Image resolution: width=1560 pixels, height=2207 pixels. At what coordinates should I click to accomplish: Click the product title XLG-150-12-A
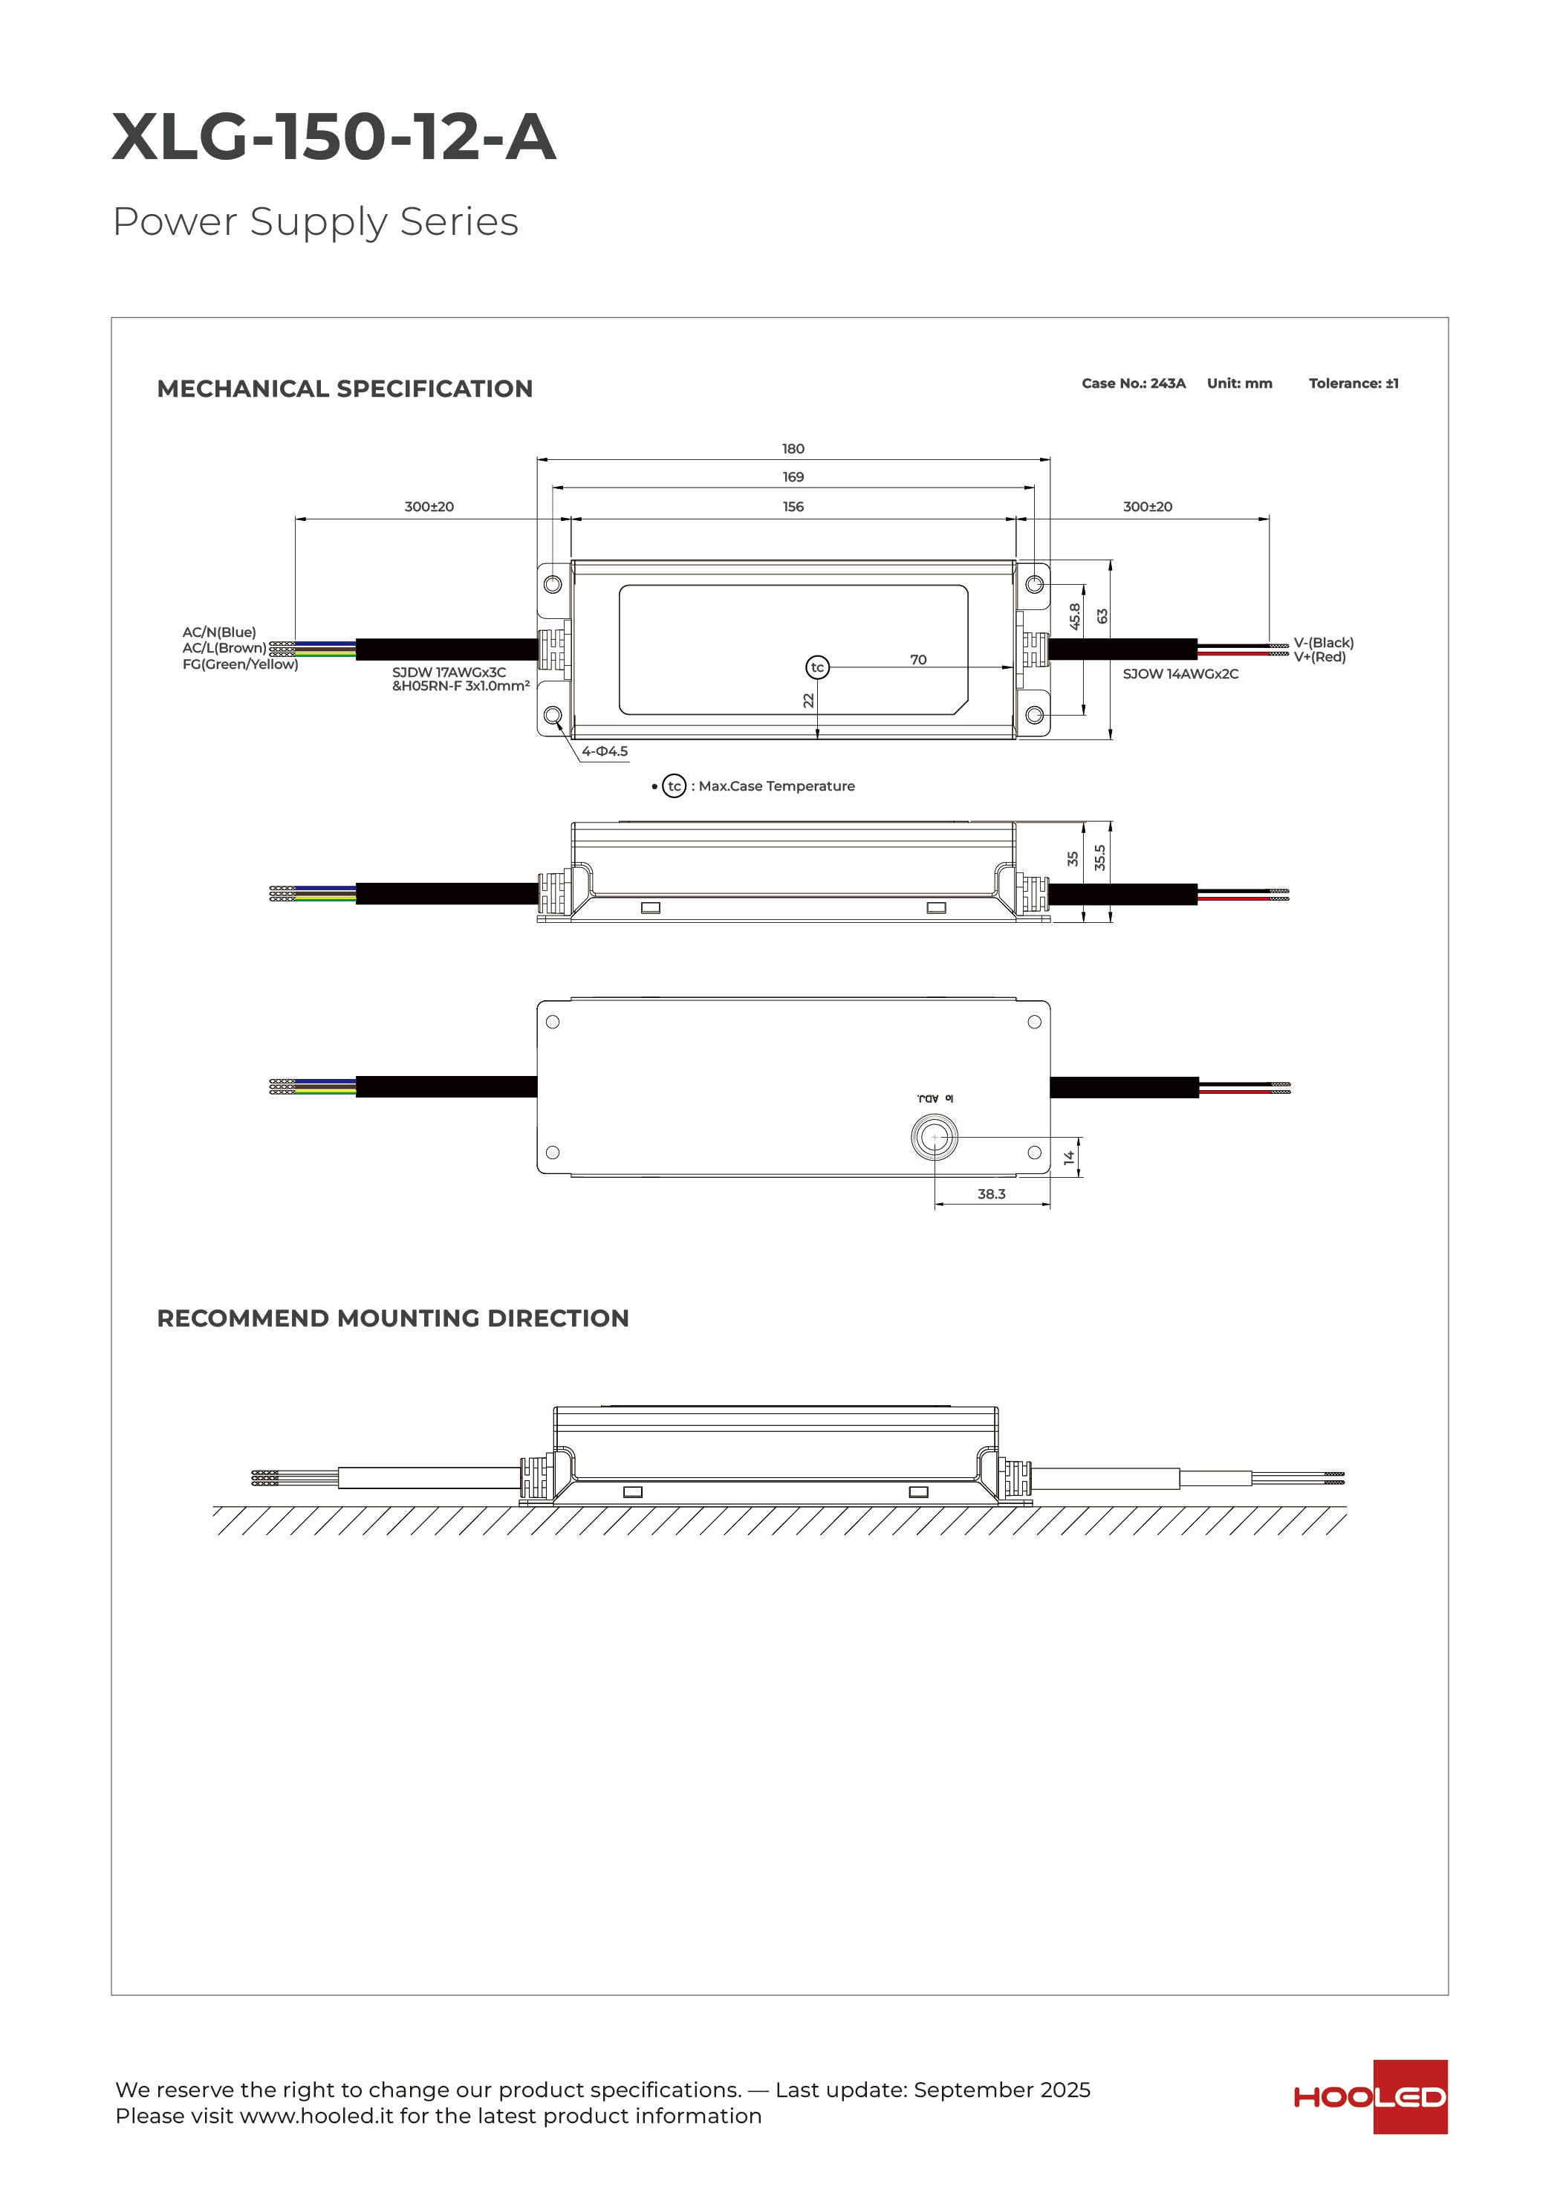pyautogui.click(x=334, y=137)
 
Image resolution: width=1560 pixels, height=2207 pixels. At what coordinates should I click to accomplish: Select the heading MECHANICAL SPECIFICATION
pyautogui.click(x=344, y=389)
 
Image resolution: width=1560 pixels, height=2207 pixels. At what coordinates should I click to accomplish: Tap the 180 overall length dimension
pyautogui.click(x=792, y=449)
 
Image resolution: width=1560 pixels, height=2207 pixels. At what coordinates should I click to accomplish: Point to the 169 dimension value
pyautogui.click(x=792, y=477)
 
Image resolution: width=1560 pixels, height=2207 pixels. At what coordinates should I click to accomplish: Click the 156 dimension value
pyautogui.click(x=792, y=507)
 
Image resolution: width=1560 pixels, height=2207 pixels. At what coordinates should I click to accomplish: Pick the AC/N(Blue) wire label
pyautogui.click(x=219, y=632)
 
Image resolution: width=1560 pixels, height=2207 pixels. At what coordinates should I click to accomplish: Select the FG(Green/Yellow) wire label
pyautogui.click(x=240, y=664)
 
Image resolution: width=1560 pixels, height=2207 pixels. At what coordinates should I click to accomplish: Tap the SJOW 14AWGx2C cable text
pyautogui.click(x=1180, y=674)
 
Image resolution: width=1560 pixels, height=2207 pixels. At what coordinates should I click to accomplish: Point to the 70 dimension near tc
pyautogui.click(x=918, y=659)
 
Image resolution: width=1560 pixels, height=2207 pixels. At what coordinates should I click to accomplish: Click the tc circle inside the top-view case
pyautogui.click(x=817, y=667)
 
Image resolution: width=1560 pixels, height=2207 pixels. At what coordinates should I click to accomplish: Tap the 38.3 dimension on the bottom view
pyautogui.click(x=991, y=1194)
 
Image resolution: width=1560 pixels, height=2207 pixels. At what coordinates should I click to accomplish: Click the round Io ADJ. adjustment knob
pyautogui.click(x=933, y=1137)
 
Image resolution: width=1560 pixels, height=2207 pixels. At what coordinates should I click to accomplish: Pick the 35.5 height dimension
pyautogui.click(x=1099, y=858)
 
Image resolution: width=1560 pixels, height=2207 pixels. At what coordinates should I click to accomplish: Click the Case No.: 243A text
pyautogui.click(x=1134, y=383)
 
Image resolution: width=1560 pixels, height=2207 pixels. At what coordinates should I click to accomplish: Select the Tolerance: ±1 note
pyautogui.click(x=1353, y=383)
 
